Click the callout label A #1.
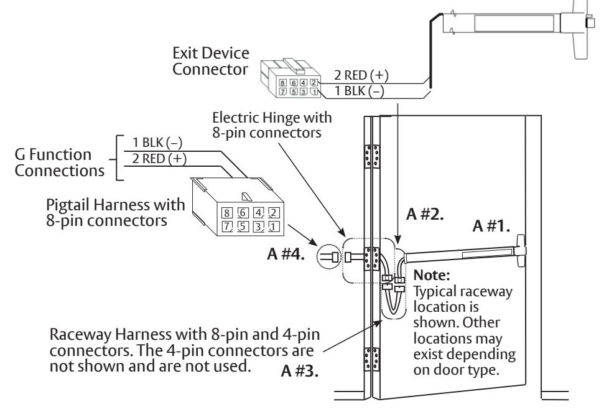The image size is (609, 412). click(491, 225)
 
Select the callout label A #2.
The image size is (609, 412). click(424, 213)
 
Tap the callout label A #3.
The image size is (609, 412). click(299, 371)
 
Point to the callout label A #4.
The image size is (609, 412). click(286, 254)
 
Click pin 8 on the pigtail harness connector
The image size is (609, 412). click(227, 213)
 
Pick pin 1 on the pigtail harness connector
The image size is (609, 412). click(274, 226)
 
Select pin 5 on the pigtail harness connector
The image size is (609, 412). click(243, 226)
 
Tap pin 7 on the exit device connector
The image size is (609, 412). click(283, 91)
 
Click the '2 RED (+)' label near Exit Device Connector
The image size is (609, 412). click(361, 75)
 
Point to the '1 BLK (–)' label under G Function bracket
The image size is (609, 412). click(157, 143)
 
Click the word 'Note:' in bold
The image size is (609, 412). click(432, 275)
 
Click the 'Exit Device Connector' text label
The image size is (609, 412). click(210, 61)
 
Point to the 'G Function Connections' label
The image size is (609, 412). click(60, 162)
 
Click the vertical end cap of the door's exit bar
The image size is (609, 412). click(521, 251)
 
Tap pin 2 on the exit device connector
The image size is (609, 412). click(314, 82)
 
